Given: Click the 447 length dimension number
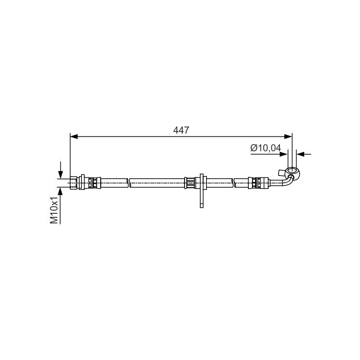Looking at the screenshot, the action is (181, 130).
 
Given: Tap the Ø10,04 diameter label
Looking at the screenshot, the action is (265, 148).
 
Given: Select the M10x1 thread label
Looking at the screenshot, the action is (54, 210).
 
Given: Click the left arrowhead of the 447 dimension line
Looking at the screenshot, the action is (74, 137).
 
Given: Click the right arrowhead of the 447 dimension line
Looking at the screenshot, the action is (288, 137).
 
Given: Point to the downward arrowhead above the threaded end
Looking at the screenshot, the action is (60, 175).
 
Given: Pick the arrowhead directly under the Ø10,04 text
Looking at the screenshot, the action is (283, 154).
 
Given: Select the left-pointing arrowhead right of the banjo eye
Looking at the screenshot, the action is (301, 154).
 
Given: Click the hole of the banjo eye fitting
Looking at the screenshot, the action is (292, 171).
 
